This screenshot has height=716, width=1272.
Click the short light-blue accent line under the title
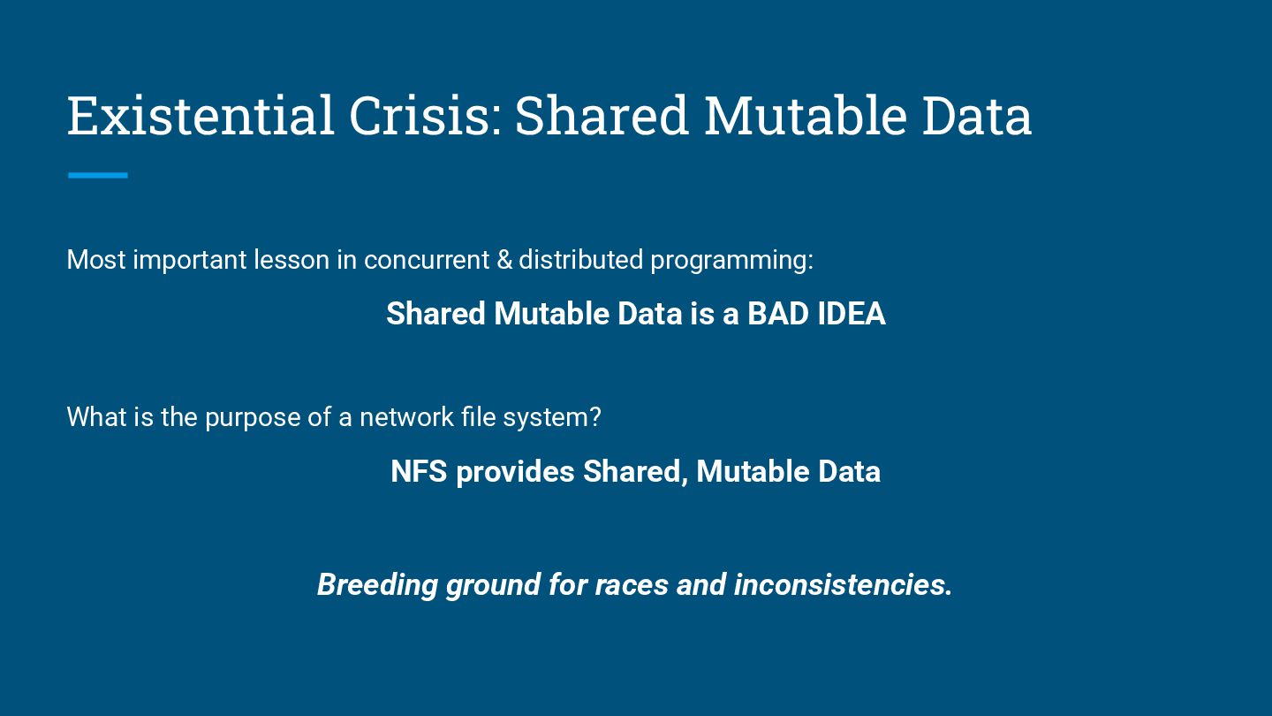click(98, 176)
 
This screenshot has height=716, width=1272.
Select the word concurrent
click(427, 260)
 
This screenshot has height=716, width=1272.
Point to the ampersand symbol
click(504, 260)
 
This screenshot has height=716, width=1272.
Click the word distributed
click(581, 260)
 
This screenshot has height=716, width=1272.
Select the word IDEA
click(852, 314)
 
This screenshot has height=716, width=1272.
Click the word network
click(406, 417)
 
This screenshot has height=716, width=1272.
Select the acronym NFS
click(419, 472)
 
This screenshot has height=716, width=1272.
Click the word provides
click(515, 473)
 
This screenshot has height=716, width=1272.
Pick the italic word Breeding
click(377, 586)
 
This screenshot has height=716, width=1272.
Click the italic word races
click(632, 585)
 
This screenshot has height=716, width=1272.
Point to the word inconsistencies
click(843, 585)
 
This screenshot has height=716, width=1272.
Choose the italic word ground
click(493, 586)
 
